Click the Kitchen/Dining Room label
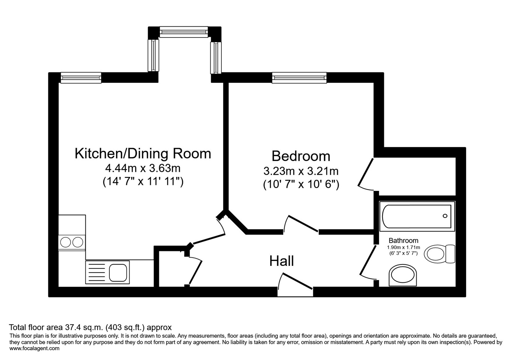[x=143, y=154]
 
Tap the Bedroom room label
[x=301, y=156]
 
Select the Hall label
[x=282, y=261]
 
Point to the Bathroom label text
[x=403, y=240]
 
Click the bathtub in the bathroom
[x=417, y=216]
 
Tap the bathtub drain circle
[x=445, y=216]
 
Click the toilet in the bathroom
[x=439, y=254]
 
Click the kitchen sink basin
[x=118, y=273]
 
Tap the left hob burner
[x=66, y=242]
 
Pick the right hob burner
[x=78, y=242]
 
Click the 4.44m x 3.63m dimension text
[x=143, y=168]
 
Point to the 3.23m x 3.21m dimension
[x=301, y=171]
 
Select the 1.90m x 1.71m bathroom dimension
[x=403, y=247]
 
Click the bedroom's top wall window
[x=299, y=78]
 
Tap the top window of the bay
[x=184, y=32]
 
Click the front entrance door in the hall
[x=295, y=285]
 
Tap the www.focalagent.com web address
[x=34, y=348]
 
